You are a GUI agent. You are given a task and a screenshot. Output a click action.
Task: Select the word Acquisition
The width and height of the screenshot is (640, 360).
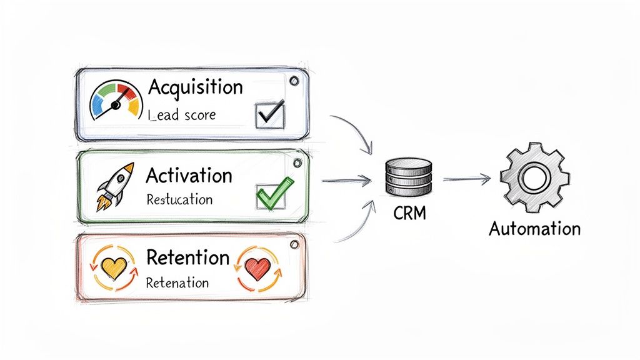point(195,87)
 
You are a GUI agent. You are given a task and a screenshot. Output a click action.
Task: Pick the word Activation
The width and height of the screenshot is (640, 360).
point(189,175)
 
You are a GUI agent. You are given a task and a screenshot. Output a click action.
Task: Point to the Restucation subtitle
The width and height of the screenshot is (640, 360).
point(179,200)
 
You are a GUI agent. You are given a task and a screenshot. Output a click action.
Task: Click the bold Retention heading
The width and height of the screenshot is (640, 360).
point(187,257)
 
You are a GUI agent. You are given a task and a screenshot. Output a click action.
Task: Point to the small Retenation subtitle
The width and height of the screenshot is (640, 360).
point(177,282)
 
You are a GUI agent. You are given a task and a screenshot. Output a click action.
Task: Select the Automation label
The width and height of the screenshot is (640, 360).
point(534,228)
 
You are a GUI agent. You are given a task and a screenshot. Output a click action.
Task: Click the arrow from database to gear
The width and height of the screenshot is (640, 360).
point(466,179)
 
